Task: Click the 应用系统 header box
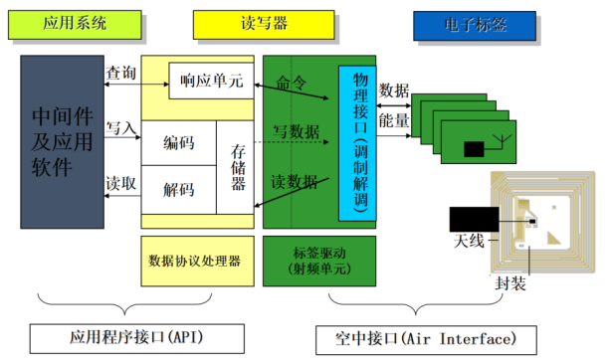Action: click(x=73, y=22)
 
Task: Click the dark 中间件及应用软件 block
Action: click(x=62, y=142)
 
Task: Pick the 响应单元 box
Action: click(x=206, y=81)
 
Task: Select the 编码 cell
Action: click(x=178, y=142)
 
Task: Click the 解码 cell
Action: click(x=178, y=188)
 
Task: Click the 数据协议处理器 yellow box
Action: click(x=195, y=262)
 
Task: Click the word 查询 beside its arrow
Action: click(x=121, y=72)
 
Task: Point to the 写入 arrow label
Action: click(x=121, y=128)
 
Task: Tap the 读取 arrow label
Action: click(x=121, y=183)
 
